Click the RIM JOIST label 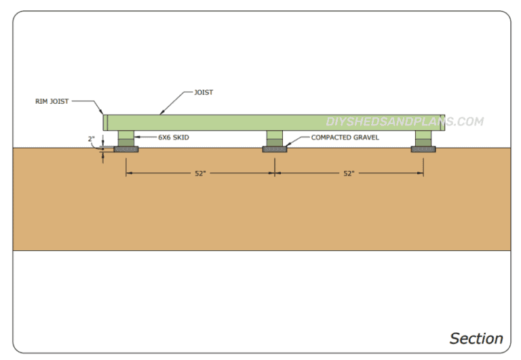tap(52, 101)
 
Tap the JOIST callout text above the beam tap(204, 92)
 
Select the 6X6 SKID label tap(174, 137)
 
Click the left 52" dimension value tap(200, 174)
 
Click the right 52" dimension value tap(349, 174)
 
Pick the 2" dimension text tap(92, 139)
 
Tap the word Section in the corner tap(476, 338)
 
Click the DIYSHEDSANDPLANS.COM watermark tap(405, 122)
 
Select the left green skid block tap(127, 138)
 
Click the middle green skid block tap(275, 138)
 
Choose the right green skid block tap(424, 138)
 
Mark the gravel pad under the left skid tap(127, 148)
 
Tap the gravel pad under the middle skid tap(275, 148)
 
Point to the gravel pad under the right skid tap(424, 148)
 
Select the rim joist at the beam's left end tap(105, 123)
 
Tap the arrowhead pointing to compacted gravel tap(286, 145)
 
